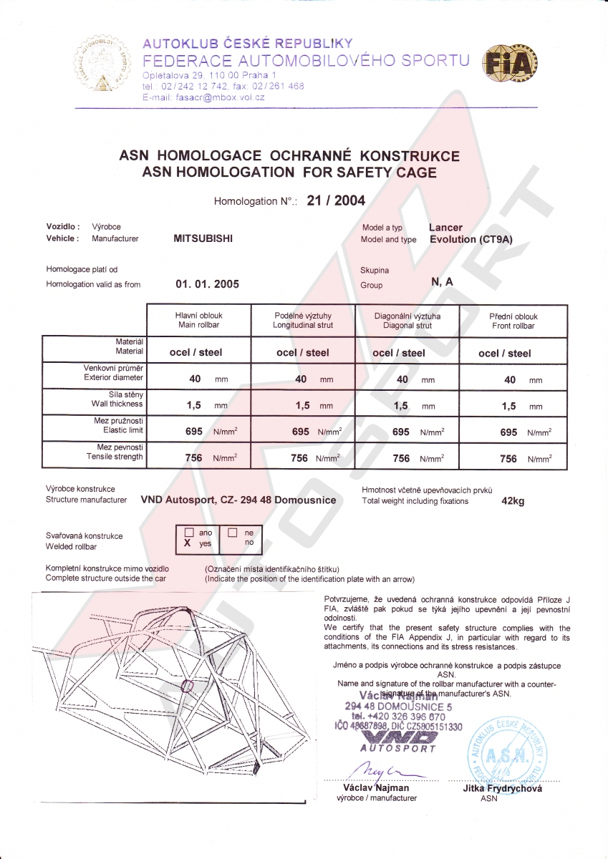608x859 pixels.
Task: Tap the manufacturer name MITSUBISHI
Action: click(x=203, y=239)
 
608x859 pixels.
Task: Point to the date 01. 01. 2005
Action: click(x=208, y=284)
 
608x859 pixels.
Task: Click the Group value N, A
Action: click(x=442, y=281)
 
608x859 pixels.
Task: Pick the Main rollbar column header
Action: click(x=198, y=320)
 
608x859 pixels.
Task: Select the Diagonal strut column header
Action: click(x=407, y=320)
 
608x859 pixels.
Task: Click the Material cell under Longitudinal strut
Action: click(x=303, y=352)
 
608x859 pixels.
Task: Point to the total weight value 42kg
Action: click(x=513, y=501)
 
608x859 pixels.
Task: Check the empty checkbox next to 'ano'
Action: click(x=189, y=533)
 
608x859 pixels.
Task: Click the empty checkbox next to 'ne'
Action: click(x=232, y=533)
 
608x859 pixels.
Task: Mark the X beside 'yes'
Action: click(x=188, y=544)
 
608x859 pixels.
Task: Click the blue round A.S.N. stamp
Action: click(x=507, y=749)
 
